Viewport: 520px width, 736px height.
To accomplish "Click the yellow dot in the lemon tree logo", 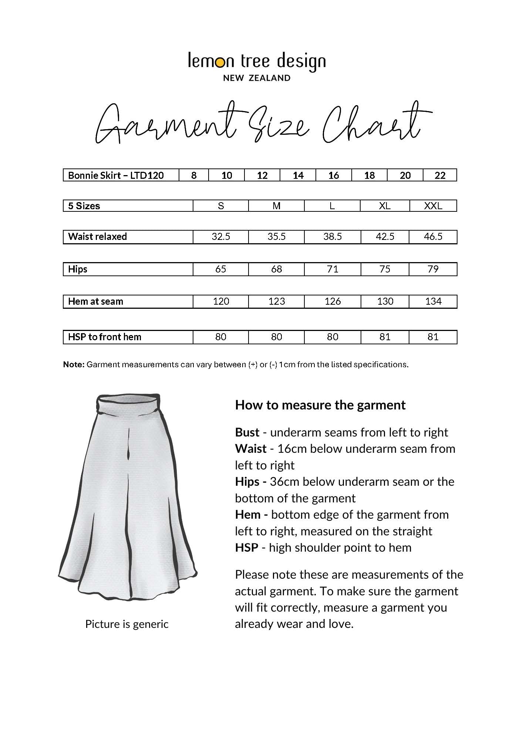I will point(220,63).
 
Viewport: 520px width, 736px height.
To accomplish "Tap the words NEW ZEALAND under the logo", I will point(257,78).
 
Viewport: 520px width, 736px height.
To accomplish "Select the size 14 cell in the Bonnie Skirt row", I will point(298,175).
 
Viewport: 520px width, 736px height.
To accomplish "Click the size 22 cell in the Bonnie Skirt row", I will point(440,175).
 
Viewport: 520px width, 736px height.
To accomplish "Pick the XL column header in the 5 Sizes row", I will point(385,206).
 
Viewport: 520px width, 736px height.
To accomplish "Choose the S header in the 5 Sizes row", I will point(221,206).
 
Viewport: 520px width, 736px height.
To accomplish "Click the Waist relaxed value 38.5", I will point(332,237).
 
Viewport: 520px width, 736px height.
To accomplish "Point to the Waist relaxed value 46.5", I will point(433,237).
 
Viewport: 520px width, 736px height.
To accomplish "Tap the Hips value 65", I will point(221,269).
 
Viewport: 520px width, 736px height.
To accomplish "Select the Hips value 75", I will point(385,269).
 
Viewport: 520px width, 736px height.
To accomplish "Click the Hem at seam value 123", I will point(277,301).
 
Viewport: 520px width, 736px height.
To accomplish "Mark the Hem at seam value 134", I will point(433,301).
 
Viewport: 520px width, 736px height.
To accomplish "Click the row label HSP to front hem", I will point(105,337).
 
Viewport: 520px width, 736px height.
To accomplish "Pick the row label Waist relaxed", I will point(97,237).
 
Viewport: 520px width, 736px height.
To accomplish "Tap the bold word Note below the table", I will point(74,365).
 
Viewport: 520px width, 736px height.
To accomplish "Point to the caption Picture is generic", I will point(127,624).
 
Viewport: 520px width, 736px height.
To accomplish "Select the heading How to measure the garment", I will point(320,405).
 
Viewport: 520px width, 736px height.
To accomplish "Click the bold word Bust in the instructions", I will point(247,432).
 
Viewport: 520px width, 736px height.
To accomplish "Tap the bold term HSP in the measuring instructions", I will point(246,548).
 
